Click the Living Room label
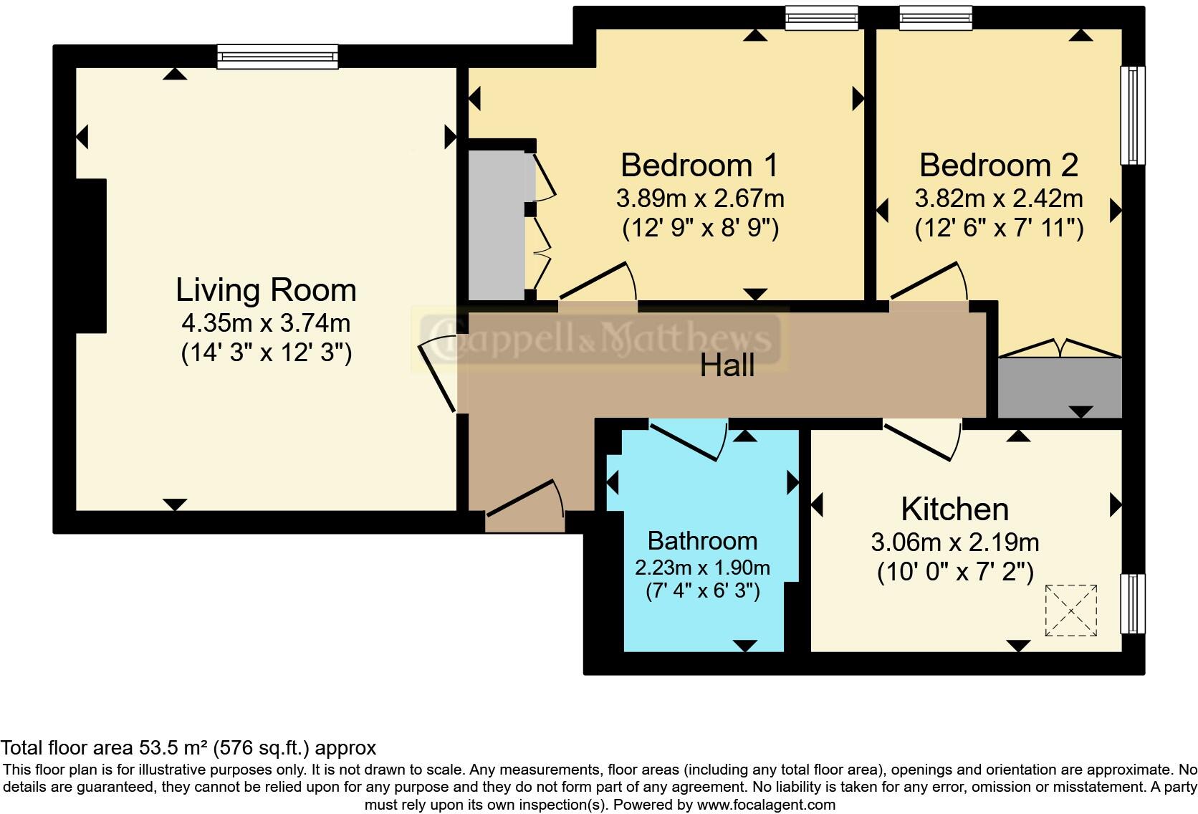(x=266, y=290)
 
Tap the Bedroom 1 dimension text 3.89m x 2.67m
(x=700, y=198)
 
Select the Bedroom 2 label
(x=998, y=166)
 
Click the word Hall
(x=727, y=365)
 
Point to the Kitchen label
(x=954, y=509)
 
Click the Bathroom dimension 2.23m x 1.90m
(x=702, y=568)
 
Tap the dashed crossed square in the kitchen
(x=1070, y=610)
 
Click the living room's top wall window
(x=277, y=57)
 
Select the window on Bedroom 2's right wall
(x=1132, y=115)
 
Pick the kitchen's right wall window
(x=1132, y=603)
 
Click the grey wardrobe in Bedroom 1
(x=497, y=224)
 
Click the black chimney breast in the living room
(x=91, y=256)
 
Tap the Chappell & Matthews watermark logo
(x=600, y=338)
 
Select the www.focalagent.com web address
(x=766, y=805)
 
